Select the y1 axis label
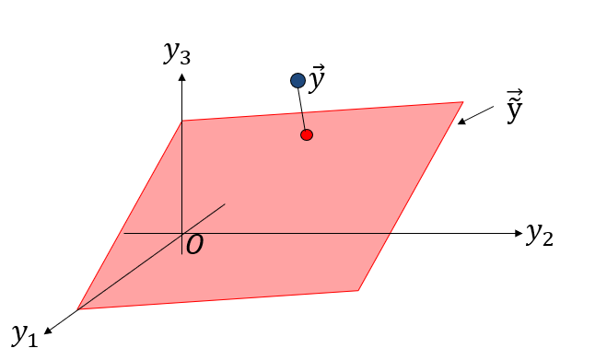coord(24,332)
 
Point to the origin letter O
coord(194,245)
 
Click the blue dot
coord(297,81)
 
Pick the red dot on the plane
coord(307,134)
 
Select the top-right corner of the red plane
coord(462,102)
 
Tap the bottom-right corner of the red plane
coord(357,291)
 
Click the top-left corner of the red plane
coord(182,121)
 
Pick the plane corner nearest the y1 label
coord(78,309)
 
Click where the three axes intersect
coord(182,233)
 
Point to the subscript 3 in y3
coord(186,57)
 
